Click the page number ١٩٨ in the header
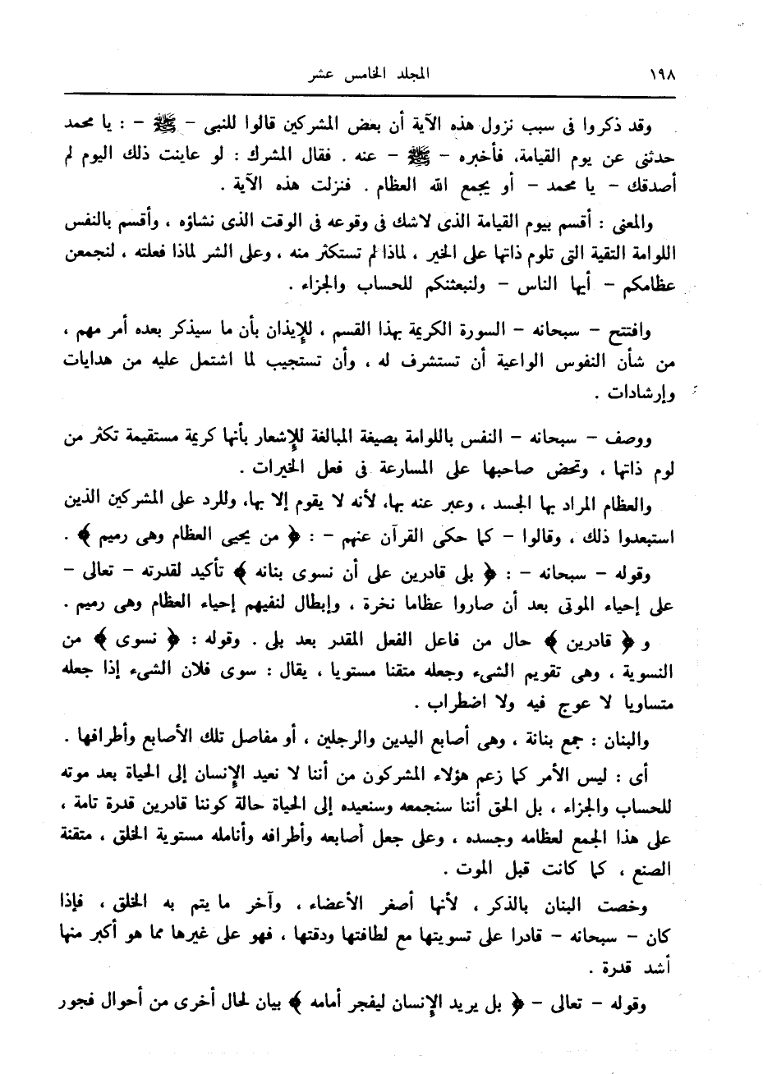[x=660, y=72]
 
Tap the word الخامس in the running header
[x=355, y=72]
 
